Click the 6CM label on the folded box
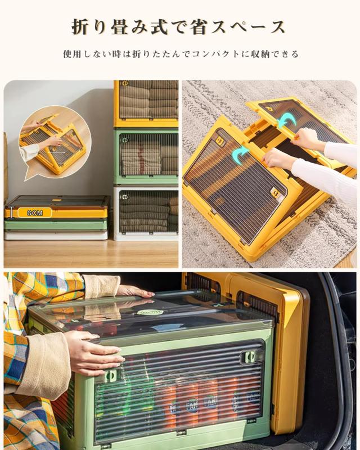click(34, 213)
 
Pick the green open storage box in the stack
click(146, 157)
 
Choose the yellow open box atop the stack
click(146, 103)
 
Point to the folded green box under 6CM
click(56, 224)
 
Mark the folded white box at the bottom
click(56, 235)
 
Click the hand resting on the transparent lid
click(132, 291)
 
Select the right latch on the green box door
click(245, 357)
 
